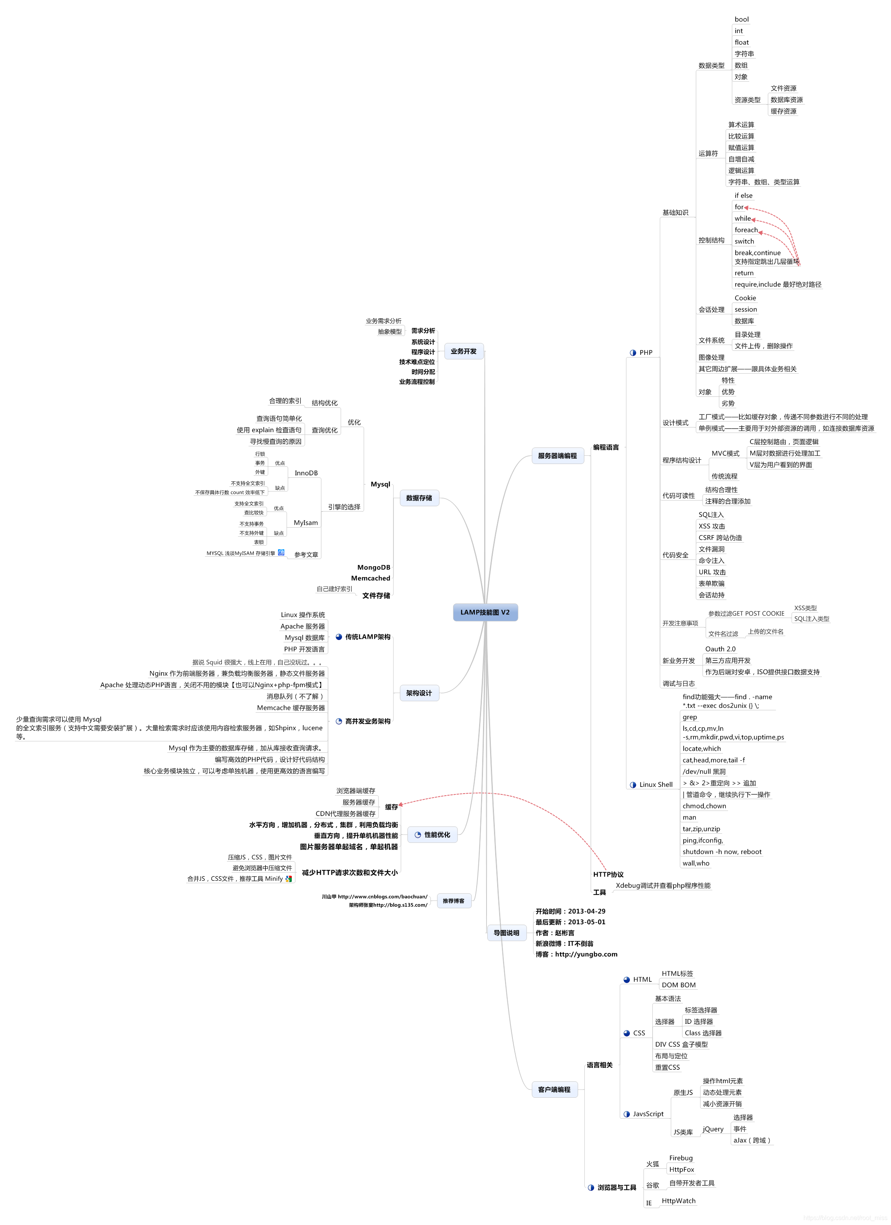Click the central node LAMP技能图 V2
pos(485,612)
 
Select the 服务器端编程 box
pos(557,456)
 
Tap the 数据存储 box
pos(419,498)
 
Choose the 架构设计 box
pos(419,693)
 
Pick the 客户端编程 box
pos(554,1089)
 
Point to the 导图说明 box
pos(506,933)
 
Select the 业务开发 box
pos(463,351)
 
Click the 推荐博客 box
pos(453,900)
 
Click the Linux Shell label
pos(655,785)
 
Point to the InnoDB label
pos(306,473)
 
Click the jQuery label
pos(713,1129)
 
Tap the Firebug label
pos(681,1158)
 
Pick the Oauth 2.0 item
pos(720,649)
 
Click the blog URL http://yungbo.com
pos(586,954)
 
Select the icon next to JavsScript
pos(626,1114)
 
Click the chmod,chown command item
pos(704,806)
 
